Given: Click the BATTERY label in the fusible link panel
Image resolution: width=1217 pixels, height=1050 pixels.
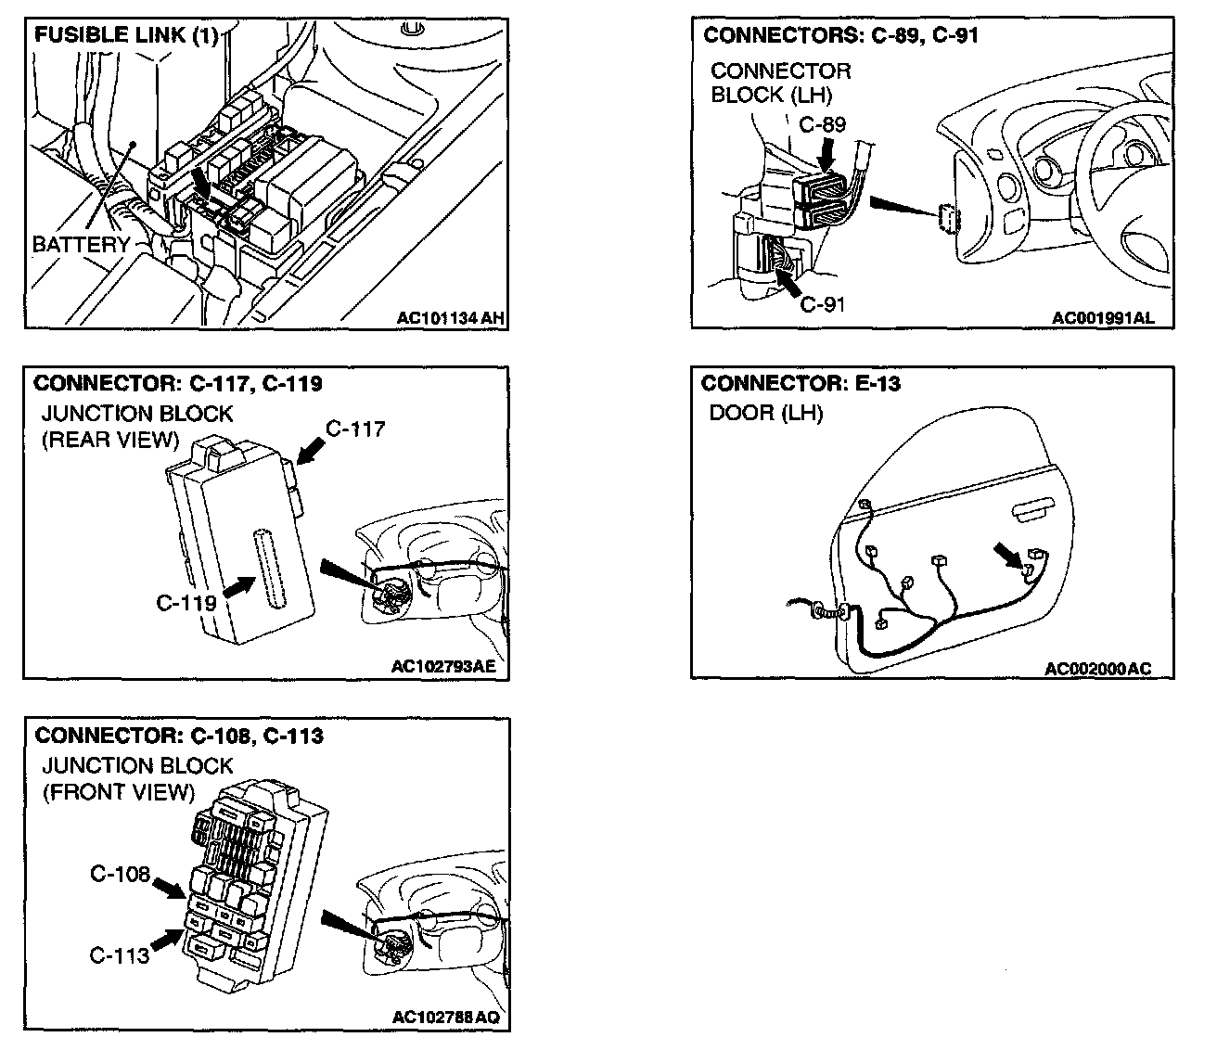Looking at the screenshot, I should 80,245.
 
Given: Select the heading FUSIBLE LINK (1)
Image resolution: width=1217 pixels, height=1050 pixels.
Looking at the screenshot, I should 126,36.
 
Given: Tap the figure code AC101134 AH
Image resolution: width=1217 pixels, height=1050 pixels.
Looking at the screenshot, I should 450,317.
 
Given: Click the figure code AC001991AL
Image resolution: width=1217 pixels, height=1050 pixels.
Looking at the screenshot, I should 1104,317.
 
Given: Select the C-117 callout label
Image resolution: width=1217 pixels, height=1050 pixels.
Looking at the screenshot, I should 355,429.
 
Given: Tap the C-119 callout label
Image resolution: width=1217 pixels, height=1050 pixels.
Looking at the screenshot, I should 186,603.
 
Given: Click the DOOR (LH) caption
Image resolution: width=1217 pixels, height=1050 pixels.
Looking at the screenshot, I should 765,413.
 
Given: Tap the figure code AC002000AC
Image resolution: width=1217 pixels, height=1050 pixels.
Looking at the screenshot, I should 1096,669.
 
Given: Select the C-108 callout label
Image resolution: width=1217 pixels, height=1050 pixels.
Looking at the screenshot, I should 120,874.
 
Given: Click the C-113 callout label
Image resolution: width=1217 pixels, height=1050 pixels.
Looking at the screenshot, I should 120,954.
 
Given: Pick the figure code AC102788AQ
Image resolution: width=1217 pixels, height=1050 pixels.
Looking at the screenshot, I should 445,1018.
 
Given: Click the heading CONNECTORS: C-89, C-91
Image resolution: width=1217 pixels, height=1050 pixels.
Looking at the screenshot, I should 841,36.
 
